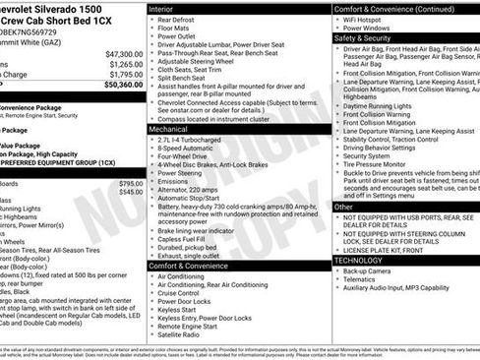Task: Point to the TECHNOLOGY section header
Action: pos(364,261)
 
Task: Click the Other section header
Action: pos(344,208)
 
